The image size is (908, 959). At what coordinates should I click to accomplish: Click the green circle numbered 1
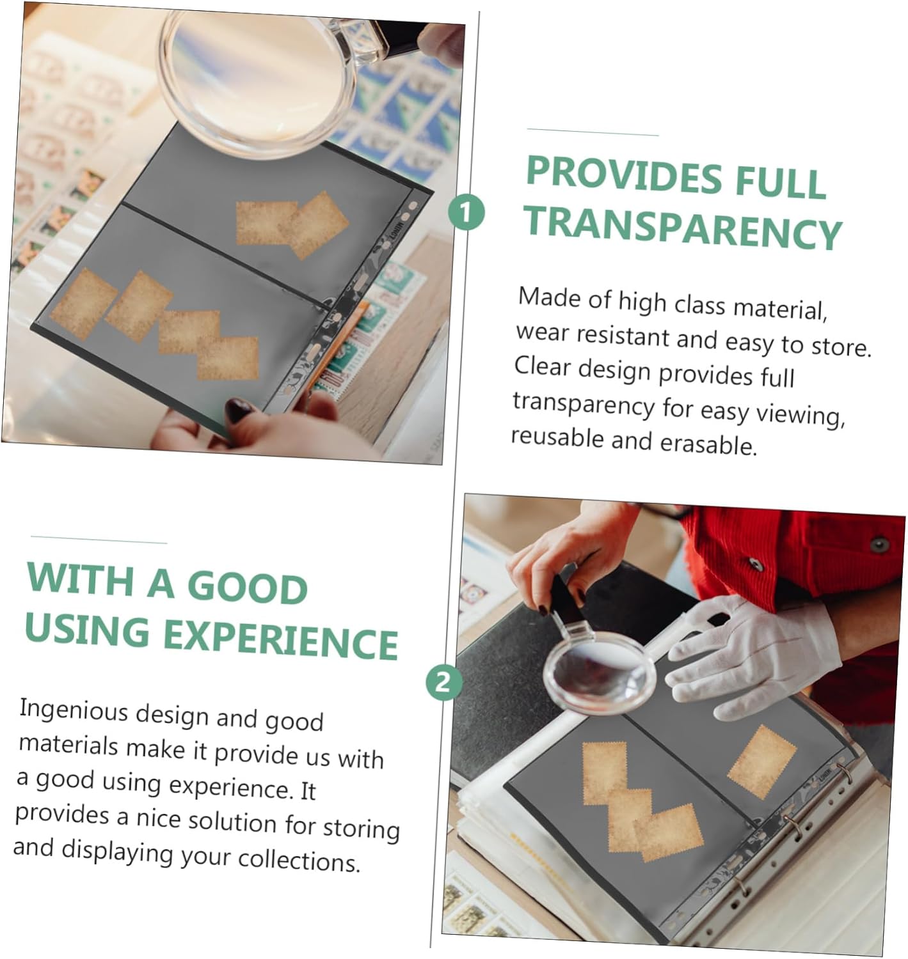(x=466, y=212)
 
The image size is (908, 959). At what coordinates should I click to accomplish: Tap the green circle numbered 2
(x=443, y=682)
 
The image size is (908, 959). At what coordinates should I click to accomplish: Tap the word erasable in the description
(x=708, y=444)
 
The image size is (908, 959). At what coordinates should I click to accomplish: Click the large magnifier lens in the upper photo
(x=257, y=81)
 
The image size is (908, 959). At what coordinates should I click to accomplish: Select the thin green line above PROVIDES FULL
(x=593, y=132)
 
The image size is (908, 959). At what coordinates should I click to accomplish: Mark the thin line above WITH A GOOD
(x=99, y=539)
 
